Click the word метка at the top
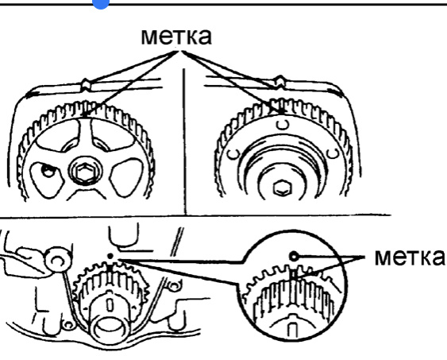click(x=176, y=36)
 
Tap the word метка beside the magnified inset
click(x=409, y=257)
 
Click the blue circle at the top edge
click(x=101, y=3)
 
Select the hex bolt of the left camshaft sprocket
click(x=85, y=172)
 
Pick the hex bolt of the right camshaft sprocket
click(x=282, y=188)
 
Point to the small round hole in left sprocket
click(x=48, y=172)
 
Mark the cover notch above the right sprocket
click(x=279, y=82)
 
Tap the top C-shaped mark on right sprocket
click(x=283, y=125)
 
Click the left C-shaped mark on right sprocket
click(x=234, y=153)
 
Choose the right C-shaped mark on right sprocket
click(x=333, y=153)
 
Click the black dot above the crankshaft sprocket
click(x=110, y=256)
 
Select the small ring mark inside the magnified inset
click(x=294, y=257)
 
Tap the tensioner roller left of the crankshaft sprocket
click(x=58, y=259)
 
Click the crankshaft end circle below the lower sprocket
click(x=109, y=330)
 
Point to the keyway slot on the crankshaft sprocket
click(x=110, y=305)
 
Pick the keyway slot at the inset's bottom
click(x=291, y=330)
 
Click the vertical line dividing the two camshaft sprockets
click(x=185, y=141)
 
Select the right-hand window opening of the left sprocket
click(x=126, y=178)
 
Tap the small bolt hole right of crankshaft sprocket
click(x=173, y=285)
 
